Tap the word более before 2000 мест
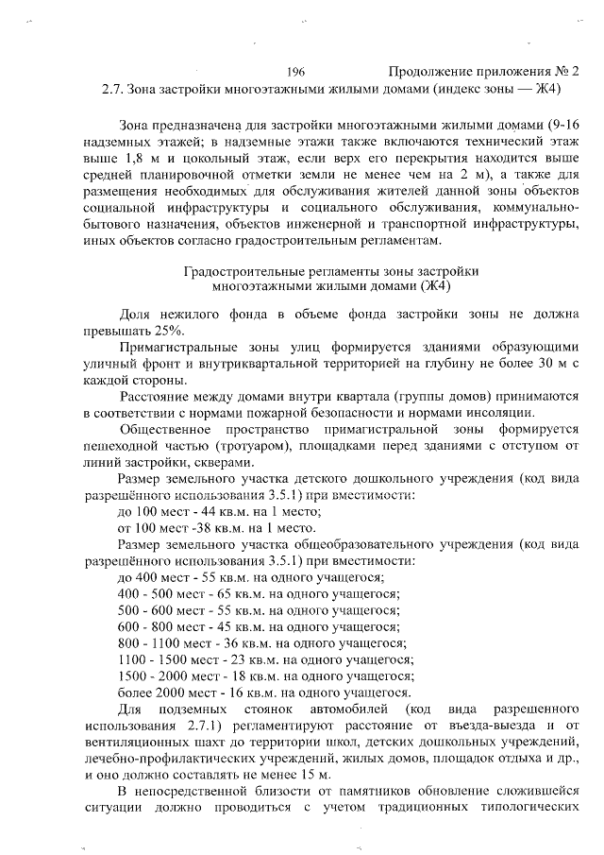coord(136,692)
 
